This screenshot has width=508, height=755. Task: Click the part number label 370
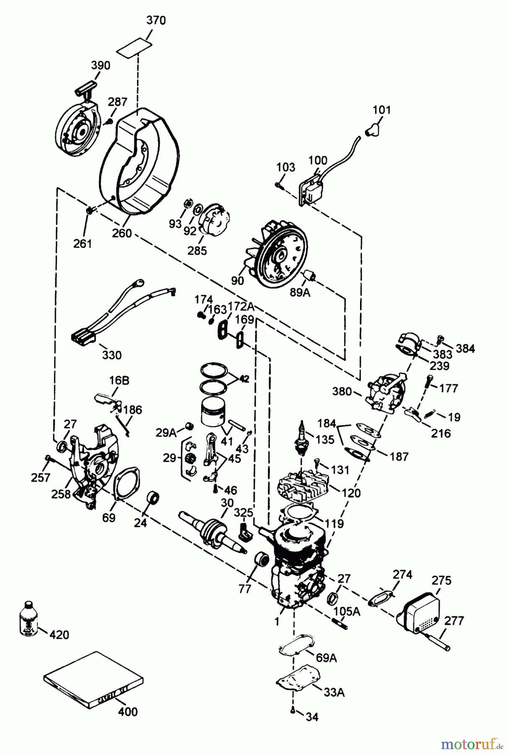click(x=156, y=20)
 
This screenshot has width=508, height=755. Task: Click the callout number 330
click(x=112, y=355)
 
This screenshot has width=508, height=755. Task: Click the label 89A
click(x=300, y=292)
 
